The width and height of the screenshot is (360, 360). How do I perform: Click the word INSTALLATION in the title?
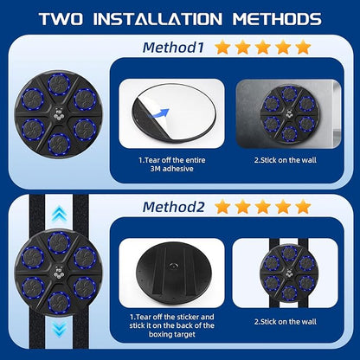[x=157, y=19]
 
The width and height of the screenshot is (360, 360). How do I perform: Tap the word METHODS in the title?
[x=277, y=19]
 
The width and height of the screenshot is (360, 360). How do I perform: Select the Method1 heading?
[x=173, y=48]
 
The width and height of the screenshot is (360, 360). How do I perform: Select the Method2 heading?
[x=173, y=207]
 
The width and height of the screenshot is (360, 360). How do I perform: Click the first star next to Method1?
[x=222, y=48]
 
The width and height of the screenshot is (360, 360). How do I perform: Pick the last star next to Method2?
[x=303, y=207]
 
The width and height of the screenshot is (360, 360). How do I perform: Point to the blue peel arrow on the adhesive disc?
[x=158, y=113]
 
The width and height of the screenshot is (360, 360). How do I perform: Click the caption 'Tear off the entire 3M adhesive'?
[x=172, y=164]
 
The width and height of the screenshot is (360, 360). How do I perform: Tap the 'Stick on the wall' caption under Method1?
[x=286, y=160]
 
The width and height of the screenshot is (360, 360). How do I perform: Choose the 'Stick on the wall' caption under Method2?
[x=286, y=322]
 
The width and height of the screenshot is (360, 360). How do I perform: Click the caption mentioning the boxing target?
[x=172, y=325]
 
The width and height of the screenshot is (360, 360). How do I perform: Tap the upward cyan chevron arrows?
[x=59, y=214]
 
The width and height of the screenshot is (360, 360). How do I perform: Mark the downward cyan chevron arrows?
[x=60, y=330]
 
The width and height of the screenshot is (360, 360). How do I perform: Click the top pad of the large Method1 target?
[x=59, y=85]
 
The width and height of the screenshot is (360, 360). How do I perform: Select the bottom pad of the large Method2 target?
[x=59, y=303]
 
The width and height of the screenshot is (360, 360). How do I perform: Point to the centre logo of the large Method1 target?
[x=59, y=113]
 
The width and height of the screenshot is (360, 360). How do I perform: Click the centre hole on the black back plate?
[x=174, y=266]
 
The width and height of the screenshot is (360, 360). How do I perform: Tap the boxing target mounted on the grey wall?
[x=289, y=114]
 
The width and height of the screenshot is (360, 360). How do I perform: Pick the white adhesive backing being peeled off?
[x=179, y=110]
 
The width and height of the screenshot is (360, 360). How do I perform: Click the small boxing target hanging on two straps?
[x=288, y=274]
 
